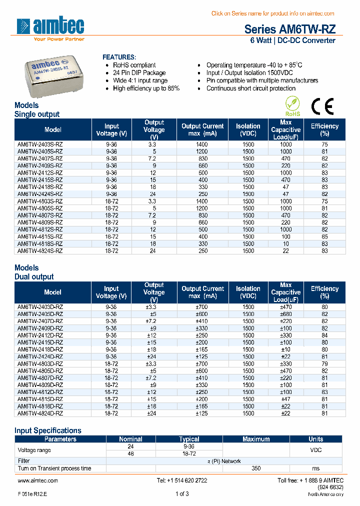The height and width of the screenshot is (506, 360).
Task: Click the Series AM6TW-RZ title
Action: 289,29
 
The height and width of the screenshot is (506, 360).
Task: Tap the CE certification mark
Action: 322,106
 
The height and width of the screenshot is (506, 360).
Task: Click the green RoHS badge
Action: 293,106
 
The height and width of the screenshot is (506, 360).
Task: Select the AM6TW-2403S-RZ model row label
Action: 40,144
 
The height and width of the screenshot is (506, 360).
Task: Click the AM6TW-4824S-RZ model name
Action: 40,250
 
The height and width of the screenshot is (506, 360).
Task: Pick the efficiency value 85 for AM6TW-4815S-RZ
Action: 324,236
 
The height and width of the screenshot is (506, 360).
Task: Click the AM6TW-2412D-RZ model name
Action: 40,335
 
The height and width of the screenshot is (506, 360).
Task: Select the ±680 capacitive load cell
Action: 285,314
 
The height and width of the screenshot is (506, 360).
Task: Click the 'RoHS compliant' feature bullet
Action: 134,65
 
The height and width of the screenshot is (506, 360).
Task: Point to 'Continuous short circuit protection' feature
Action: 251,88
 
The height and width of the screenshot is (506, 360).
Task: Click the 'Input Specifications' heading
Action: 48,430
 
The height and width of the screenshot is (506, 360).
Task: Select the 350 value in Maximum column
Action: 256,468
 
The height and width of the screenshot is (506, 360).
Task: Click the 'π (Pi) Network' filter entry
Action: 223,461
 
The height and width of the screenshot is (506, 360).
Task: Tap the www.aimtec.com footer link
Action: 38,480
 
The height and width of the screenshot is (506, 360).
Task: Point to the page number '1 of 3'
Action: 182,494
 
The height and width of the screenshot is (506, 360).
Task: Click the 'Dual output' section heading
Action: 34,276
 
